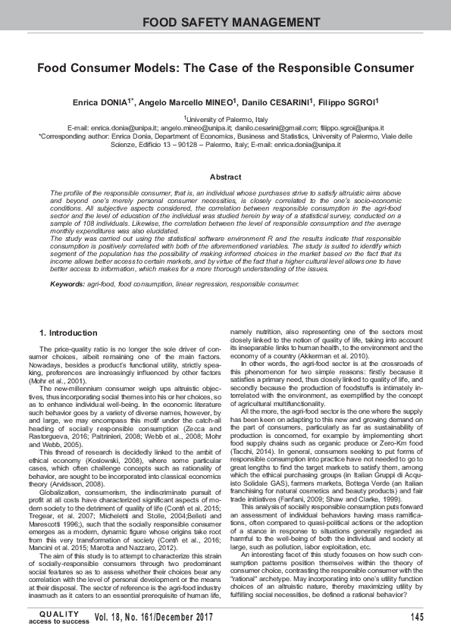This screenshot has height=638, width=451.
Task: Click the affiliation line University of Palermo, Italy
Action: (x=227, y=120)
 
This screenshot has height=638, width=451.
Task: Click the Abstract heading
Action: (x=225, y=177)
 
